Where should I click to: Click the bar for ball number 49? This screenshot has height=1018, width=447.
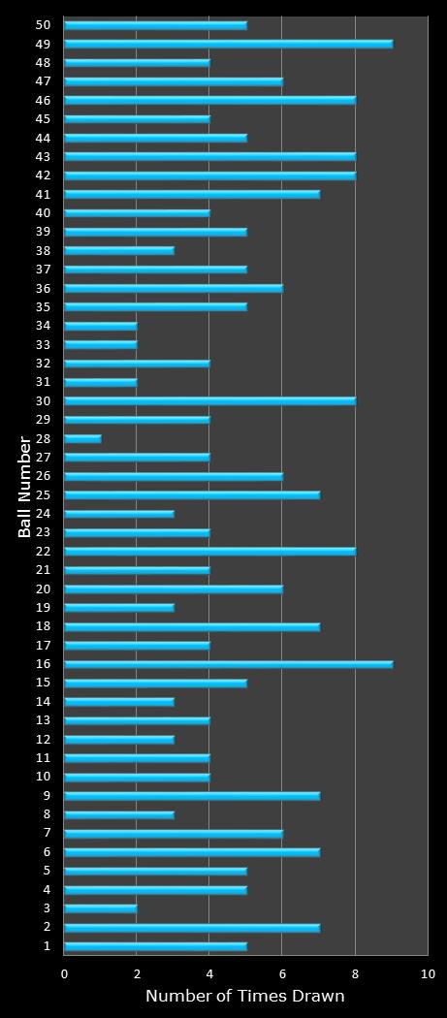[x=228, y=44]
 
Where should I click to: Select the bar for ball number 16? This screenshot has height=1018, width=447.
[x=228, y=664]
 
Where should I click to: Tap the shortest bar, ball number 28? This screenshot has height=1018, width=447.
[x=82, y=438]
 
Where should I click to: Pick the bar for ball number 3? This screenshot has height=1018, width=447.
[x=101, y=908]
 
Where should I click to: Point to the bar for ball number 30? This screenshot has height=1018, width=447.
[x=209, y=400]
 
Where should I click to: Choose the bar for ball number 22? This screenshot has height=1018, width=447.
[x=209, y=551]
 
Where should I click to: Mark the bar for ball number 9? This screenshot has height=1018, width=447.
[x=192, y=796]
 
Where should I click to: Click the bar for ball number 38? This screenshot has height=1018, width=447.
[x=119, y=250]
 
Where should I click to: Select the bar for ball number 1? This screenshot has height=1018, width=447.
[x=155, y=946]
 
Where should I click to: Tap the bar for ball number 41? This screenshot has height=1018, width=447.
[x=192, y=194]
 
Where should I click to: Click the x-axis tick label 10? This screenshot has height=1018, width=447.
[x=427, y=974]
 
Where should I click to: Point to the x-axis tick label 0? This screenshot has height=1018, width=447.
[x=65, y=974]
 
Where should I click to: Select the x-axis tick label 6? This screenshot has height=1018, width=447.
[x=282, y=974]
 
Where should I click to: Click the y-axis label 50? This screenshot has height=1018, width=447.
[x=44, y=25]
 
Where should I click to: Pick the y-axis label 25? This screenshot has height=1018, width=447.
[x=44, y=494]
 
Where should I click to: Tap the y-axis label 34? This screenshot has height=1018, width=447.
[x=44, y=326]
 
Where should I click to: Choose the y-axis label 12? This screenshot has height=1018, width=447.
[x=44, y=739]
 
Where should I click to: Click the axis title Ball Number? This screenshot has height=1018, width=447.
[x=25, y=486]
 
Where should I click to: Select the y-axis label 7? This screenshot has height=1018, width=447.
[x=47, y=833]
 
